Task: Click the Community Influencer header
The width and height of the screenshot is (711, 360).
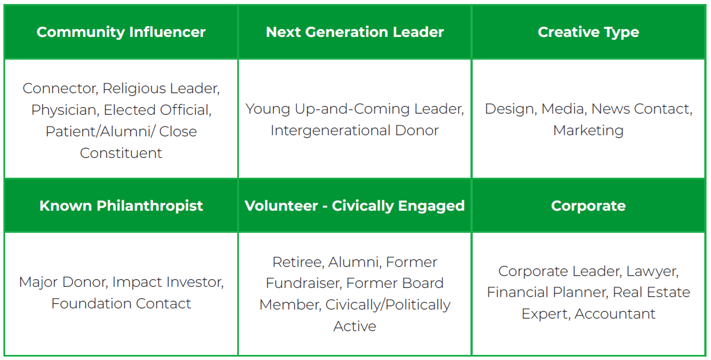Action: point(121,32)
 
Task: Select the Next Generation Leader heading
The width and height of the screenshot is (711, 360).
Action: point(355,32)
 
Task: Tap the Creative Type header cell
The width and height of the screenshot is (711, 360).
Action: point(588,32)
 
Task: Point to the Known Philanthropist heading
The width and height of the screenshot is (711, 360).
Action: point(121,206)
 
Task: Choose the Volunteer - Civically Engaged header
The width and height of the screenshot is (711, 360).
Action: point(355,206)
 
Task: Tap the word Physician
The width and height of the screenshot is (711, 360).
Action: point(65,110)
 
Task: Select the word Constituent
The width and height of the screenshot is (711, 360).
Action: point(121,153)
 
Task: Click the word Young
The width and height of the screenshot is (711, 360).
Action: point(268,109)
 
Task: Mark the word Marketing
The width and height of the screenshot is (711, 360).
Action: point(588,131)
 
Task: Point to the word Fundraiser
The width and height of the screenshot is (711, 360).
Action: point(304,283)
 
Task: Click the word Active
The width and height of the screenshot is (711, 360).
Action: point(355,326)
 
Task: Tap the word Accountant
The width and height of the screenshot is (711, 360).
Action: point(615,314)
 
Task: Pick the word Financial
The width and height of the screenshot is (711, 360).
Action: point(516,292)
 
